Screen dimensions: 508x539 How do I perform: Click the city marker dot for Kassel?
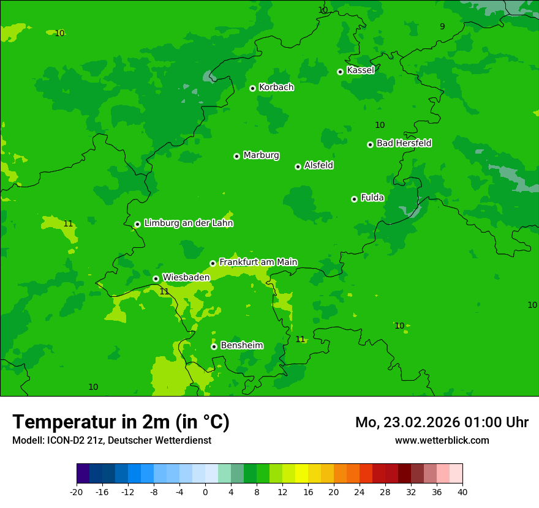pos(340,72)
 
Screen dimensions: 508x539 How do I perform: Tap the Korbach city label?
pos(276,88)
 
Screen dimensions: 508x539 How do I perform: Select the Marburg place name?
pos(261,155)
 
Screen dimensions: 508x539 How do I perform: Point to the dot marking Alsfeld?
pos(298,166)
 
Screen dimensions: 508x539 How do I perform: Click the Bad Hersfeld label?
pos(404,143)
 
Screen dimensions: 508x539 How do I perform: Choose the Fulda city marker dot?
pos(354,199)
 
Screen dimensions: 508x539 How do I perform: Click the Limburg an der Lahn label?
pos(188,223)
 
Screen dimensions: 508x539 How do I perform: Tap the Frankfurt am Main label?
pos(258,262)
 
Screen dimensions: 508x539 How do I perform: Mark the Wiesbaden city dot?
pos(156,278)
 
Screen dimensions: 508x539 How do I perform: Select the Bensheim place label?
pos(241,345)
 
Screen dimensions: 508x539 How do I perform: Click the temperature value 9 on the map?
pos(442,26)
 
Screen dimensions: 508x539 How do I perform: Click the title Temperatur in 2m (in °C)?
pos(121,422)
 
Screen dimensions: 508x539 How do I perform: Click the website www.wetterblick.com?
pos(442,441)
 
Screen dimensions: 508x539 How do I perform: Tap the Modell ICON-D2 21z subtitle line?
pos(111,441)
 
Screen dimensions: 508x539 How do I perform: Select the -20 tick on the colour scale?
pos(77,491)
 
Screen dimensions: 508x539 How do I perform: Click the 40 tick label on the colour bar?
pos(462,491)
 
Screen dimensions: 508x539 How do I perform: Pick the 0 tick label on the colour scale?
pos(205,491)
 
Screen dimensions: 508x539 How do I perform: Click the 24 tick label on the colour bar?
pos(360,491)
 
